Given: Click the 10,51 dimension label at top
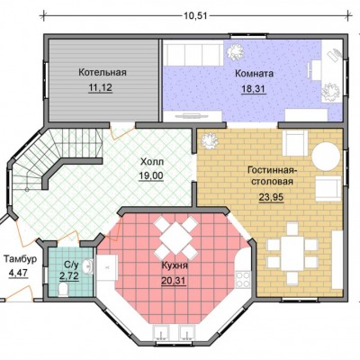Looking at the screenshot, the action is click(195, 15).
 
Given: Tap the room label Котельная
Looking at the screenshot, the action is click(103, 72).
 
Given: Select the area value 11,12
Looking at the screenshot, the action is click(100, 87).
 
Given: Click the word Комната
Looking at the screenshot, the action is click(254, 74).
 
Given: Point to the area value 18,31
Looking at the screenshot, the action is click(254, 89).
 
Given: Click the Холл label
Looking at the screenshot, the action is click(152, 162).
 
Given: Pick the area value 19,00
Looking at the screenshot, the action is click(151, 175).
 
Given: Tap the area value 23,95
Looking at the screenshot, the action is click(271, 197).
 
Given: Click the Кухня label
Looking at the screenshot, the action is click(175, 265).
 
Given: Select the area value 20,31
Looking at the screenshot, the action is click(174, 281).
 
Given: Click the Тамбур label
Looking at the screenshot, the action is click(21, 259).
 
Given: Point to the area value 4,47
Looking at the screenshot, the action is click(18, 274).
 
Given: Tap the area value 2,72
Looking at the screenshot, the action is click(69, 275).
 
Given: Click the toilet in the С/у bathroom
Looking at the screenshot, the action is click(63, 290).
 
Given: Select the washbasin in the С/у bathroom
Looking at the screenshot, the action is click(88, 265).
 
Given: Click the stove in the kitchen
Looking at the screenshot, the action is click(242, 279).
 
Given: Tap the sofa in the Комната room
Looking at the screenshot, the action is click(194, 55).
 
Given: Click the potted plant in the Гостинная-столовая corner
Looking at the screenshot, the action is click(210, 141).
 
